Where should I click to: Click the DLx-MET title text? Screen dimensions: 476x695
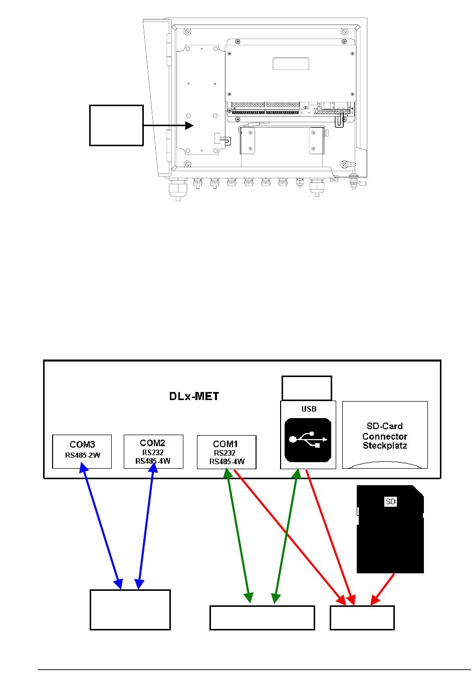click(194, 396)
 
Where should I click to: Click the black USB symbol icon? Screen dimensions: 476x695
click(308, 440)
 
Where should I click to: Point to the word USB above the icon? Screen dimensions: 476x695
click(309, 409)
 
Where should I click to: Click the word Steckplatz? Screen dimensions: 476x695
click(385, 446)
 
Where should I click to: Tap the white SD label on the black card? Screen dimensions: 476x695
click(391, 502)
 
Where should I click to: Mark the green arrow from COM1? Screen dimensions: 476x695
click(239, 536)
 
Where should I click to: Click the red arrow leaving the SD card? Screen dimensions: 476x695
click(382, 589)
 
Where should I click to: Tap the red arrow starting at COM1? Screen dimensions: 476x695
click(290, 537)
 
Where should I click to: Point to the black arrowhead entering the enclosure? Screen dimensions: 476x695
click(189, 125)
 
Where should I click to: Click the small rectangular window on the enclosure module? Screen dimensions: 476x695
click(291, 64)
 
